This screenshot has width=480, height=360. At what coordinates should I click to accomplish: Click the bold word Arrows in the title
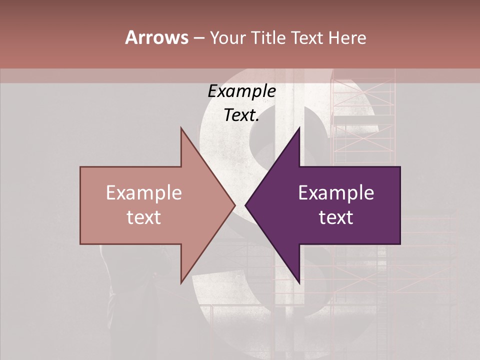pos(156,37)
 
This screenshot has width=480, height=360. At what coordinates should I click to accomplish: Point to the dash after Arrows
pos(198,38)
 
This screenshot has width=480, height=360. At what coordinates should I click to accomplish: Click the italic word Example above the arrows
pos(241,91)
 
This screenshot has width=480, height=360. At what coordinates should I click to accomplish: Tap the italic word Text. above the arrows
pos(241,115)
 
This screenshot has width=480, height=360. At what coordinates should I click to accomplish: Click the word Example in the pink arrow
pos(143,193)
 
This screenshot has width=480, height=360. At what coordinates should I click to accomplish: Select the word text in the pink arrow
pos(143,217)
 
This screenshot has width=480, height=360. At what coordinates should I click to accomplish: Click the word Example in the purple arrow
pos(336,193)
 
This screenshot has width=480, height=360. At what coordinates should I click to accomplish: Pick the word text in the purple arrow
pos(336,217)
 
